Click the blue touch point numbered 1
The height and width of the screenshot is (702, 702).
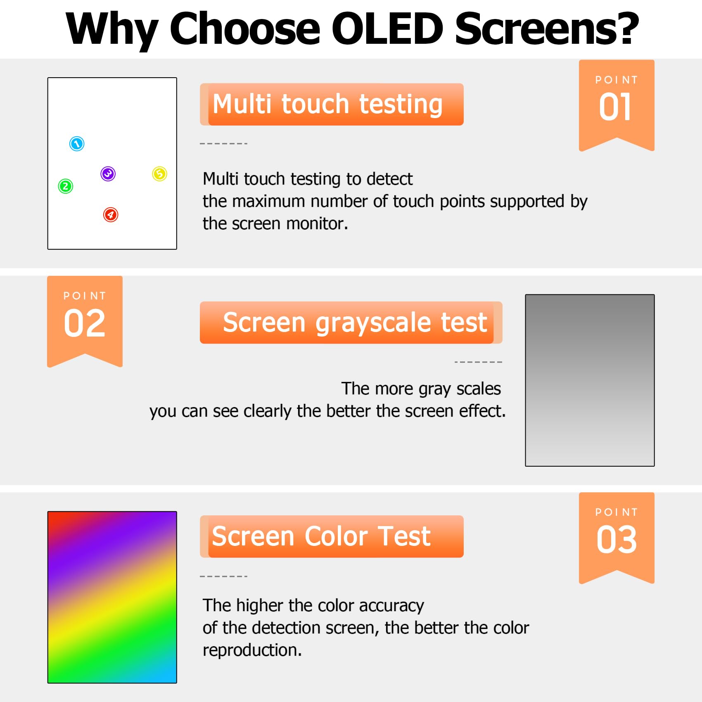tap(77, 144)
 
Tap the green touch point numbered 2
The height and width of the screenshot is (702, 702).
tap(66, 186)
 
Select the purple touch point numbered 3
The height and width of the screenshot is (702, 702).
tap(108, 174)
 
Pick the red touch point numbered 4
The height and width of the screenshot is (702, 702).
tap(111, 215)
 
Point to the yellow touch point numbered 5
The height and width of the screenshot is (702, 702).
tap(160, 174)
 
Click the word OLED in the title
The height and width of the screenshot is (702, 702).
tap(387, 28)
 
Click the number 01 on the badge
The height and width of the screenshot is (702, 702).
tap(615, 107)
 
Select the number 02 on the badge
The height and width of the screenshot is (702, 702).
tap(85, 323)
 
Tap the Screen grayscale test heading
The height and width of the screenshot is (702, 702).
tap(355, 323)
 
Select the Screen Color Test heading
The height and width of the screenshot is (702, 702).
tap(321, 536)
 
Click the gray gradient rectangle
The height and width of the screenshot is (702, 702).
tap(590, 380)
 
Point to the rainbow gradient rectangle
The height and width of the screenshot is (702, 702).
tap(112, 597)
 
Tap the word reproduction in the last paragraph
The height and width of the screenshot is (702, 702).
tap(252, 650)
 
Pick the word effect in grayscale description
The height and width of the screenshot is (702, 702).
tap(482, 411)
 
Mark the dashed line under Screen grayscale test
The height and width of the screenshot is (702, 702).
tap(478, 362)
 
